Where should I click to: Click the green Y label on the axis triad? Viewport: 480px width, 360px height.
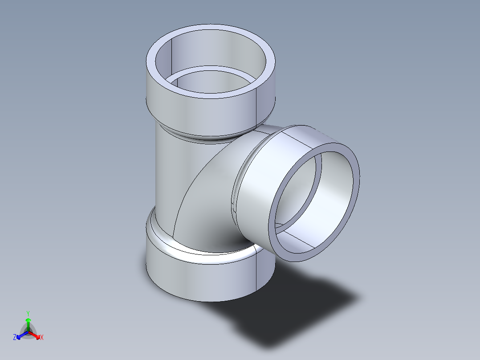(x=28, y=313)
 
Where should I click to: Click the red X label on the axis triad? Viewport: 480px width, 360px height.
(x=42, y=338)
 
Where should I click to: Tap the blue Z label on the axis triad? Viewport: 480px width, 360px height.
(x=15, y=338)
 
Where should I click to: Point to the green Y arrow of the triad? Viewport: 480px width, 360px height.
(x=28, y=323)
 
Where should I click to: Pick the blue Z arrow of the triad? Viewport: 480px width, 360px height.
(x=21, y=335)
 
